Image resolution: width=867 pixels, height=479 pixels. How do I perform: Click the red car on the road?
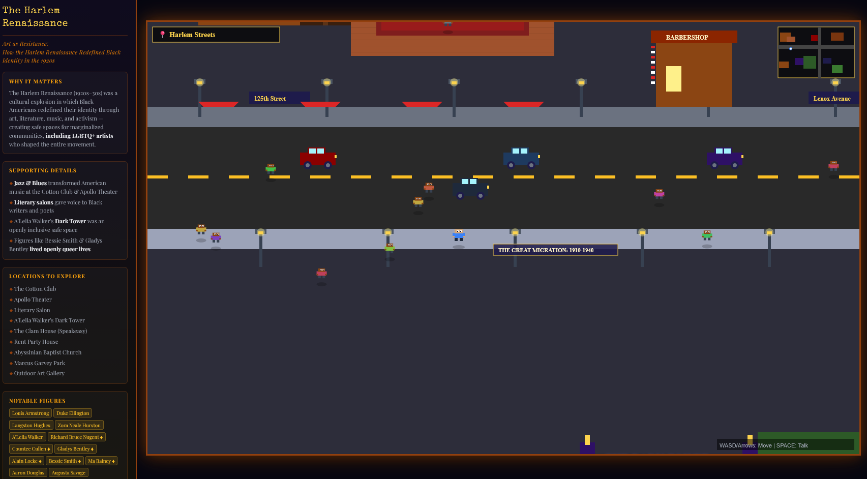pos(317,158)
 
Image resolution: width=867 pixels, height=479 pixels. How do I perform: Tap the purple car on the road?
pos(724,158)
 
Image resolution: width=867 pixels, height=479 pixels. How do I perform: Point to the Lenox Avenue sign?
pos(832,98)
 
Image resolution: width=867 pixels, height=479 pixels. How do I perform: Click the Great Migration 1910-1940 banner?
pos(555,250)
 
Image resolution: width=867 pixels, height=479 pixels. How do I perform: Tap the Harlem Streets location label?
pos(216,35)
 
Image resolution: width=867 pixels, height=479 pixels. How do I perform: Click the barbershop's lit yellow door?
pos(673,79)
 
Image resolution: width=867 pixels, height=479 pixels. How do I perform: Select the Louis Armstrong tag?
pos(31,413)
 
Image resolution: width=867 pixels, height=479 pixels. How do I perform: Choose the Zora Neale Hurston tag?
pos(79,425)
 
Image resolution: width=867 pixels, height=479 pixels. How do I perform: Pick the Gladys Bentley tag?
pos(75,448)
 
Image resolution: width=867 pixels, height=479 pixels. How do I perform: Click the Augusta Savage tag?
pos(68,472)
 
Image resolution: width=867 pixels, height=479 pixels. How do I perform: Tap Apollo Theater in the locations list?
pos(33,300)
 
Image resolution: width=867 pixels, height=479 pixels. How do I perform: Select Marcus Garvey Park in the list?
pos(39,363)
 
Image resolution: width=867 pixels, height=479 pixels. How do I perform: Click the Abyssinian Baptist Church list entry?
pos(47,352)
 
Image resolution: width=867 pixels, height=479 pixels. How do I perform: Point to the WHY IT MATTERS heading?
pos(36,81)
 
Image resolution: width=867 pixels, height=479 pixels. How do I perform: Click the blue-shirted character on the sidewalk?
pos(459,235)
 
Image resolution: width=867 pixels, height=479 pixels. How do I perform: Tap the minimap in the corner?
pos(816,52)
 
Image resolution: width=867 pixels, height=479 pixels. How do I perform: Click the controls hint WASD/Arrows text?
pos(763,445)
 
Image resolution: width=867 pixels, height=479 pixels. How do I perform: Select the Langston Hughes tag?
pos(31,425)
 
